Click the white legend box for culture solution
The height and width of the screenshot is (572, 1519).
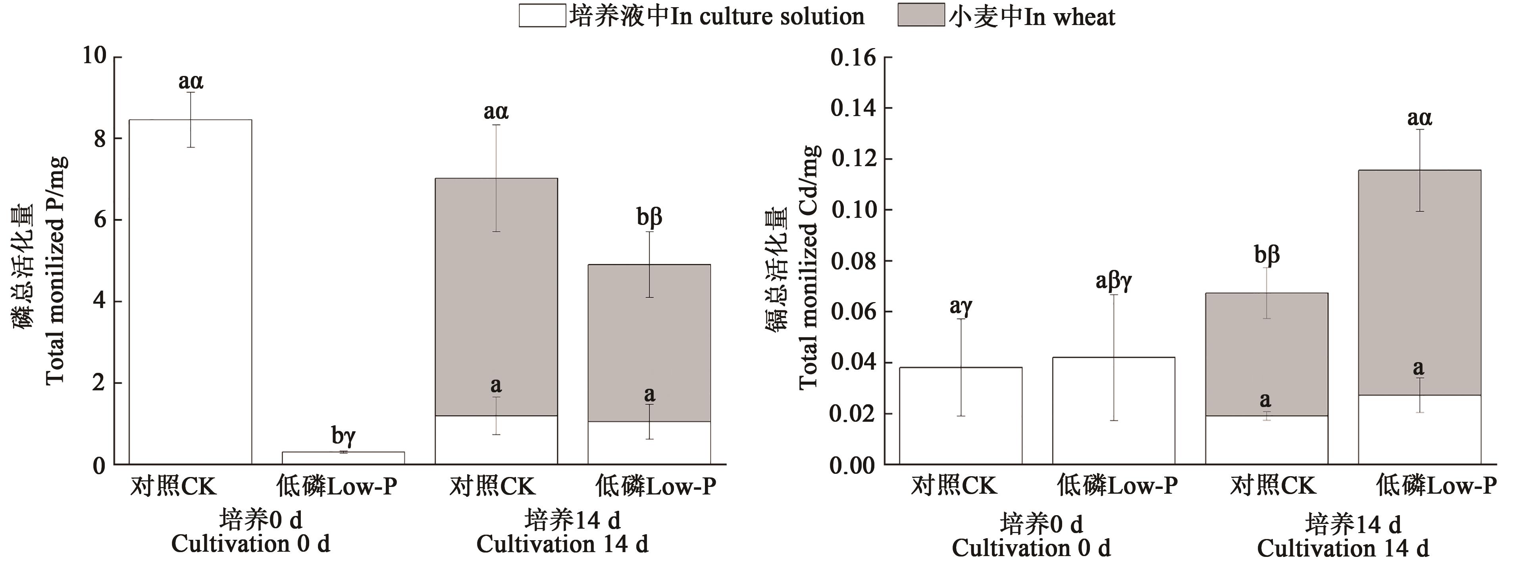542,16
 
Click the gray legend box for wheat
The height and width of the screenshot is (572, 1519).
920,16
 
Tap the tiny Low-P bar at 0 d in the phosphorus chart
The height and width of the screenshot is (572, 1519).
343,458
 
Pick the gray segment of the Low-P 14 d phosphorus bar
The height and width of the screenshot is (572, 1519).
649,342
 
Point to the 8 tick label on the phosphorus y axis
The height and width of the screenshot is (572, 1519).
99,139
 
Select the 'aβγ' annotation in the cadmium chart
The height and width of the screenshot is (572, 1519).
1113,281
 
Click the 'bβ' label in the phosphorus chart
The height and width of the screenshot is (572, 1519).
649,217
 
